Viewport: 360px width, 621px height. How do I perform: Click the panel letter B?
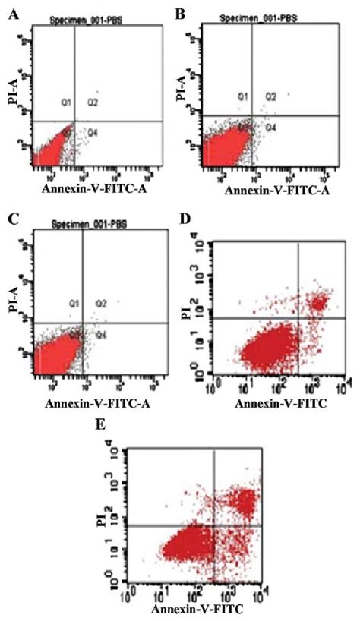pos(180,13)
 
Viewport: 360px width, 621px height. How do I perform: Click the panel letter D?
pos(183,219)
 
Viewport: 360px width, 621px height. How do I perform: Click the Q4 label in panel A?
pos(93,132)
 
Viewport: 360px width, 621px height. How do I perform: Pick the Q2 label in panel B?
pos(270,96)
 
